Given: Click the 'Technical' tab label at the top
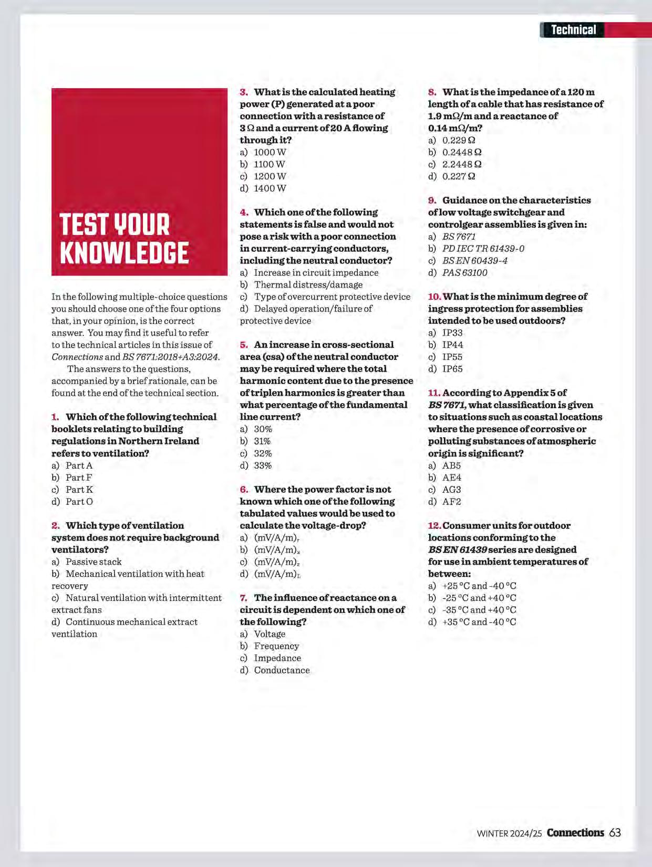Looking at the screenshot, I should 573,30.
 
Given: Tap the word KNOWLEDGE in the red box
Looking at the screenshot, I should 124,253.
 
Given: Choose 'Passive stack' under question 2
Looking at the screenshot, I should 93,562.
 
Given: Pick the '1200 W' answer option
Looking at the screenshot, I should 270,176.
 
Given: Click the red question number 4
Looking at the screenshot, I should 244,213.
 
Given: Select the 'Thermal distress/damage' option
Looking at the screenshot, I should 308,284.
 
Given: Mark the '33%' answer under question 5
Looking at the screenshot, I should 263,466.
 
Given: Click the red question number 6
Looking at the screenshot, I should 244,490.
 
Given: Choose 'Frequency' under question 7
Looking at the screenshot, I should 276,646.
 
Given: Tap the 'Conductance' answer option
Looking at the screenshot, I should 282,670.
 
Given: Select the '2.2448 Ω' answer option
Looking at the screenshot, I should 461,164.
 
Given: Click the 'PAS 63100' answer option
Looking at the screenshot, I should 464,272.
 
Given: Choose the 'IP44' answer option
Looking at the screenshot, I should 452,345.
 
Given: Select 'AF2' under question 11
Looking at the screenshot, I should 451,502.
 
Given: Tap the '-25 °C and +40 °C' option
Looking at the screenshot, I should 479,598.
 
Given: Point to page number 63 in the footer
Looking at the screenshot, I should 615,833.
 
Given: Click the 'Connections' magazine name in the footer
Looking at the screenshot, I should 575,833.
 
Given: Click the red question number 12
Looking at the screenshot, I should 434,526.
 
